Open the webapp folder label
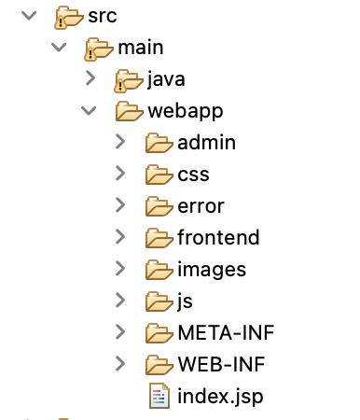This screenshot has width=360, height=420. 185,111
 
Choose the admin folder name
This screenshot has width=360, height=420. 205,143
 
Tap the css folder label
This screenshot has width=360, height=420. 192,175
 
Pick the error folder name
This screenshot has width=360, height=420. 200,206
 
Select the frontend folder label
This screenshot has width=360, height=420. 217,238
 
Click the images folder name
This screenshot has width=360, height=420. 211,270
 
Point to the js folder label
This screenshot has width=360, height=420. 186,301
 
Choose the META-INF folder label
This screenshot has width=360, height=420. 225,333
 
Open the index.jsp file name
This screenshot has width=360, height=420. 219,396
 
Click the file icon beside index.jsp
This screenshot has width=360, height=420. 159,396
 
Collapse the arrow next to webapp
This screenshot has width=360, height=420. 89,111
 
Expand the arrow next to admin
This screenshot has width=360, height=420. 120,143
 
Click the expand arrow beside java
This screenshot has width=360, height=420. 90,78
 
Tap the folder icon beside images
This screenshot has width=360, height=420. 159,270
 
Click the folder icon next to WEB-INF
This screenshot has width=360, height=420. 159,364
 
